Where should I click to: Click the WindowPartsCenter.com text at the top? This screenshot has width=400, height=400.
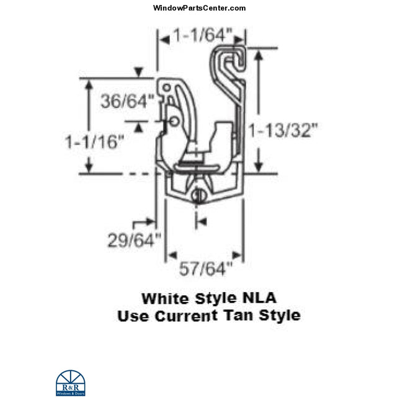pos(199,8)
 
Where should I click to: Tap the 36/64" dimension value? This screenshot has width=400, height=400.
pos(127,100)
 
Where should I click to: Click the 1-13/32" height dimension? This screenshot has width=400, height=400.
pos(283,130)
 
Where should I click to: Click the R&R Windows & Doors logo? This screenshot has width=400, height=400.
pos(70,383)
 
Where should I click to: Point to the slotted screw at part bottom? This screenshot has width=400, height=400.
pos(198,197)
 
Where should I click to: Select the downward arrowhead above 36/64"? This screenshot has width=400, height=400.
pos(143,74)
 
